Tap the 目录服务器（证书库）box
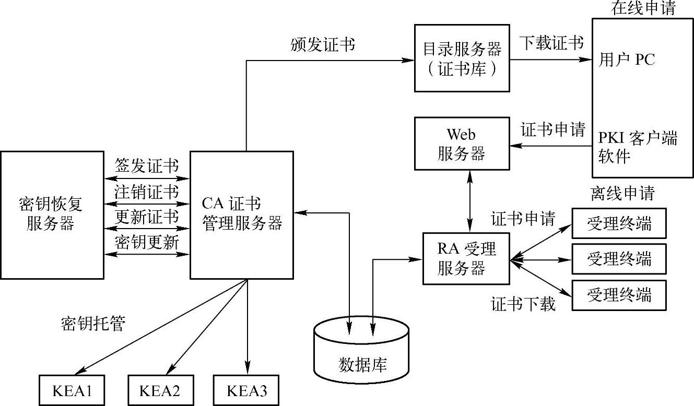(462, 58)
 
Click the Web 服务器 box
(462, 144)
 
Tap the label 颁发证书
(323, 45)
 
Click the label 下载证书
(551, 43)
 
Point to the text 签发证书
(147, 167)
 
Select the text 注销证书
(147, 192)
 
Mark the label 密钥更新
(147, 242)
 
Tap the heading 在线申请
(643, 8)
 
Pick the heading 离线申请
(622, 194)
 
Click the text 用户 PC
(627, 59)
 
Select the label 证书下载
(523, 304)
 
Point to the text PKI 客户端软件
(638, 147)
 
